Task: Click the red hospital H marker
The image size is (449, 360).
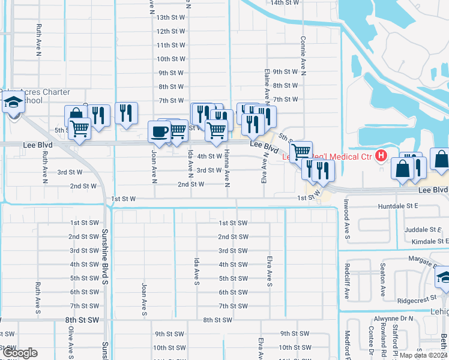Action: pos(381,157)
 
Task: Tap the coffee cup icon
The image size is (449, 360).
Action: pos(159,132)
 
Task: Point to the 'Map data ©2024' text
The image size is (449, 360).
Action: pos(424,355)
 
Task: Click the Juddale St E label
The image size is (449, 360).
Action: pos(423,230)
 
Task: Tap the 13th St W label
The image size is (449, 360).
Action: pos(170,18)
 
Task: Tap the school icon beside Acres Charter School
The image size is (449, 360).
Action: pos(13,104)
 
